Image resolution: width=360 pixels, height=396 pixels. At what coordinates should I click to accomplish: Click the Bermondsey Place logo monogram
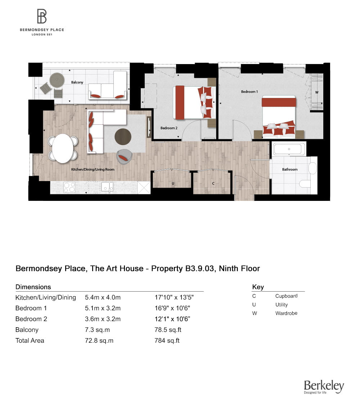point(42,17)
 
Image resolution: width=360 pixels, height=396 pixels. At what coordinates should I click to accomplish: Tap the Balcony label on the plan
point(77,82)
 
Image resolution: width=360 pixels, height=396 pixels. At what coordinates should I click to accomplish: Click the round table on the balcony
point(57,80)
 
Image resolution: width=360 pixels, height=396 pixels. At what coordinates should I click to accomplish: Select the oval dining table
point(63,148)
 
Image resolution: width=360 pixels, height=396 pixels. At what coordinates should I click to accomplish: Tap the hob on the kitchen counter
point(69,187)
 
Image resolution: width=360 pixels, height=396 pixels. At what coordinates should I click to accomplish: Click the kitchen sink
point(107,187)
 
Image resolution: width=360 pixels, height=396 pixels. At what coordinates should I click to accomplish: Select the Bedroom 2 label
point(169,128)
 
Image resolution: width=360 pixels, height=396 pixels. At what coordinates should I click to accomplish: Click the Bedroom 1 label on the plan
point(249,92)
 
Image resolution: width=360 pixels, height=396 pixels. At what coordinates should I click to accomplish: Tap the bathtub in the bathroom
point(289,149)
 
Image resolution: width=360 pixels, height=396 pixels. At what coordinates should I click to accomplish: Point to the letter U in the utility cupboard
point(173,184)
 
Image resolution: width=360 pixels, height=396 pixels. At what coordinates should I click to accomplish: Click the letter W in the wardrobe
point(317,92)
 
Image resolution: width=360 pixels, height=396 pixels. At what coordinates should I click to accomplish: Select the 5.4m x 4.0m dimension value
point(103,297)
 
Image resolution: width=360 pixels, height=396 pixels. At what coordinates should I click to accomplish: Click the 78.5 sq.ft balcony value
point(167,330)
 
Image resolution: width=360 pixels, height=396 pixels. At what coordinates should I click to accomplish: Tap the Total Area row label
point(30,341)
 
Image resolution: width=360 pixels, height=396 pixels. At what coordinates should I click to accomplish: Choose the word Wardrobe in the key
point(286,313)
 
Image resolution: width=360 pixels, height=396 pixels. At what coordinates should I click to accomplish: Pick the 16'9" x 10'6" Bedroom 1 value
point(172,308)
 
